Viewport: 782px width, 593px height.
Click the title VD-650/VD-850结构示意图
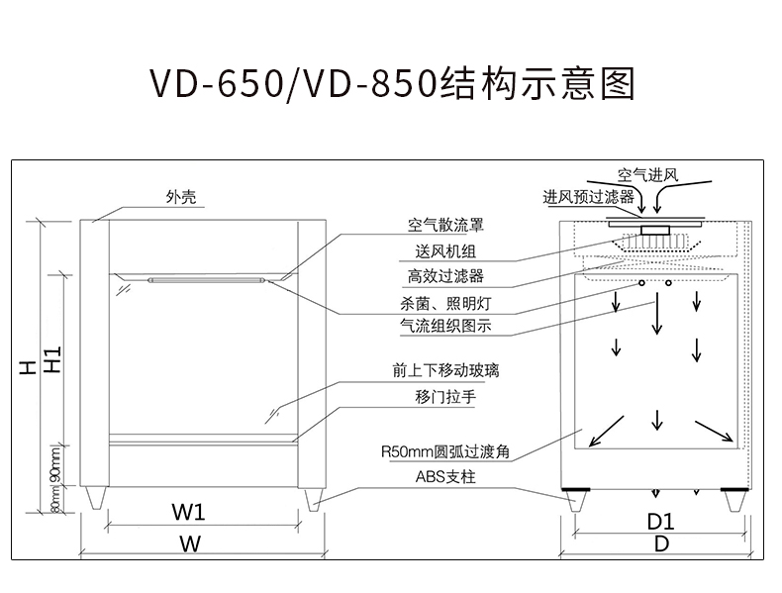click(x=391, y=86)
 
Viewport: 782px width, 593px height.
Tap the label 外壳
click(x=181, y=197)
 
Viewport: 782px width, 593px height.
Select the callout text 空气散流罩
click(x=445, y=225)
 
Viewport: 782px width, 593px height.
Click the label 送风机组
click(x=445, y=250)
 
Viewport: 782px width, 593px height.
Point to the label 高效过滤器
click(x=445, y=276)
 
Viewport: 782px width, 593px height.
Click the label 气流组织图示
click(x=445, y=326)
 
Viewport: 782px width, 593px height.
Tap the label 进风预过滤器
click(x=588, y=197)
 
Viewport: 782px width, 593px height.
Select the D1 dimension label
click(x=660, y=521)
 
